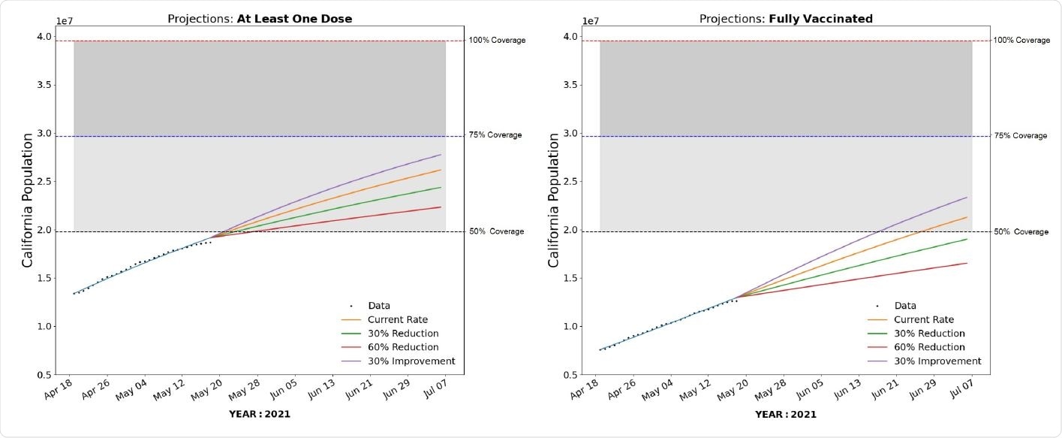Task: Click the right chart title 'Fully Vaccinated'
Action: tap(820, 19)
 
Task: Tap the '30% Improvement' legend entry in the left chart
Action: tap(411, 361)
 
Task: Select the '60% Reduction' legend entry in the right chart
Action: tap(929, 347)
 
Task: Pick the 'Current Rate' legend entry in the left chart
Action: tap(398, 319)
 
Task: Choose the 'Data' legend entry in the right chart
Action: tap(905, 306)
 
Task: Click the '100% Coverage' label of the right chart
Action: tap(1021, 40)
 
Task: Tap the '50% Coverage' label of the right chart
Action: tap(1021, 231)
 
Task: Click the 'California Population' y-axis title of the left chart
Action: tap(27, 200)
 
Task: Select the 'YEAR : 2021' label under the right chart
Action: tap(785, 414)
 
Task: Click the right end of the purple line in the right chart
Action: tap(967, 198)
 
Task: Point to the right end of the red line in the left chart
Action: tap(441, 207)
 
